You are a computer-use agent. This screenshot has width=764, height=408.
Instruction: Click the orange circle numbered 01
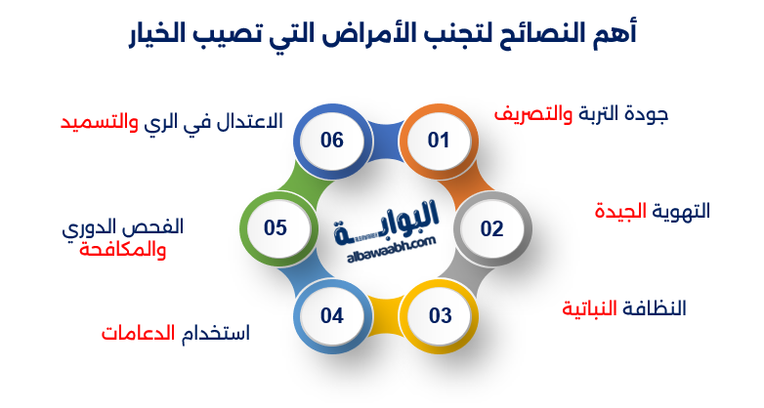[439, 141]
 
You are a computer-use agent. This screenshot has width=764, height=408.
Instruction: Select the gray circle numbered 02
[491, 228]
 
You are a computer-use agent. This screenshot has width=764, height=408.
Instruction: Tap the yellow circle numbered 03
[440, 315]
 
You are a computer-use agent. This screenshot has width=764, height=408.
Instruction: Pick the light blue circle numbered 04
[332, 315]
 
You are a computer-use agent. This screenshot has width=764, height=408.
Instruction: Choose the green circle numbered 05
[275, 227]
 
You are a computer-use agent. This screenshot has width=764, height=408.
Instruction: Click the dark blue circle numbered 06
[332, 141]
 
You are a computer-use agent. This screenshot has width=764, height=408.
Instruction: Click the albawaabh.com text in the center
[388, 255]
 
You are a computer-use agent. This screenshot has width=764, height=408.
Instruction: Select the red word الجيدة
[622, 211]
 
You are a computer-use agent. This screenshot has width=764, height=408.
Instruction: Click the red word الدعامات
[137, 333]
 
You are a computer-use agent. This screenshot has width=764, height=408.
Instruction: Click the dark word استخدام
[216, 333]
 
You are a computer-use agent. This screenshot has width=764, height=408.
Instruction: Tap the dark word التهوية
[681, 211]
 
